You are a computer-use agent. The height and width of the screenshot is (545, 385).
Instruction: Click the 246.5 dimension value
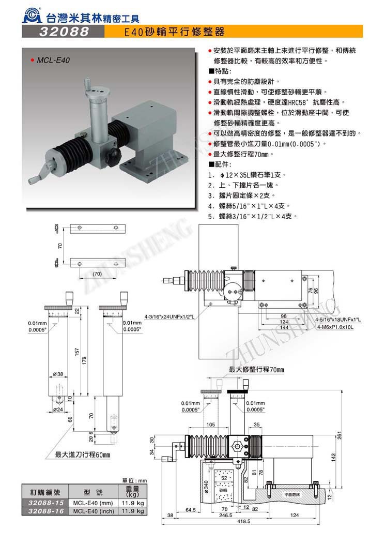pos(225,516)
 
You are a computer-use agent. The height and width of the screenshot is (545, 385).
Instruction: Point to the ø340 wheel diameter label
pos(207,487)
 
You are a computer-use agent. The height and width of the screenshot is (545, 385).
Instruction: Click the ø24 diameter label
pos(57,409)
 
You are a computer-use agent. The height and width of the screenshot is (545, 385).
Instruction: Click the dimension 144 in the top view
pos(284,327)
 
